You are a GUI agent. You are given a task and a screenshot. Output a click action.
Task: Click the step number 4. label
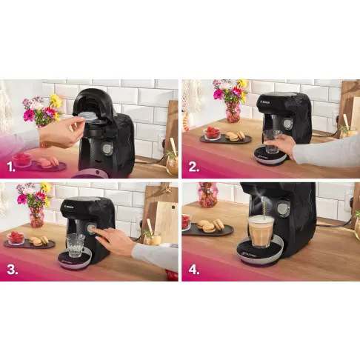point(194,269)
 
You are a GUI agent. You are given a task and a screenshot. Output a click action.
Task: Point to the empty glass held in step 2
point(272,141)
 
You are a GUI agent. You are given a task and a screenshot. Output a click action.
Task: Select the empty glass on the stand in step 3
point(75,244)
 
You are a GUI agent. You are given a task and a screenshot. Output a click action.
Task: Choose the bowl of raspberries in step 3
point(16,239)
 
